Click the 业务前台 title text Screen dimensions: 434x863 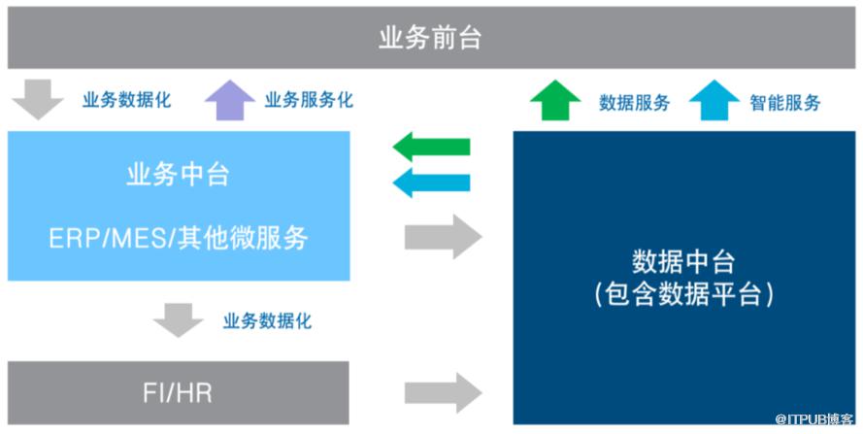pos(430,40)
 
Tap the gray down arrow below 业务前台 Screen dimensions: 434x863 pos(39,100)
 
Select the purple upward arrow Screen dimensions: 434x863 pos(229,100)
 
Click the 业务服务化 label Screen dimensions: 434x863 pos(309,100)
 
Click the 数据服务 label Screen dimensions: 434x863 pos(634,102)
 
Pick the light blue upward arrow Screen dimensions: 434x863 pos(714,100)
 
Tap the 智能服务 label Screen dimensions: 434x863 pos(785,102)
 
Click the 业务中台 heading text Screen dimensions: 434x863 pos(178,176)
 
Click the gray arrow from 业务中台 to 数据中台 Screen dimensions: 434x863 pos(443,236)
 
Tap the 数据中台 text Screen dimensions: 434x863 pos(683,262)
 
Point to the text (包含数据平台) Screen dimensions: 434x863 pos(683,295)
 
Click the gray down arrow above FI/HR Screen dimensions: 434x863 pos(179,319)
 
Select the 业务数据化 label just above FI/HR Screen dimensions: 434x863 pos(267,320)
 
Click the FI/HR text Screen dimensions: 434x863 pos(178,393)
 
